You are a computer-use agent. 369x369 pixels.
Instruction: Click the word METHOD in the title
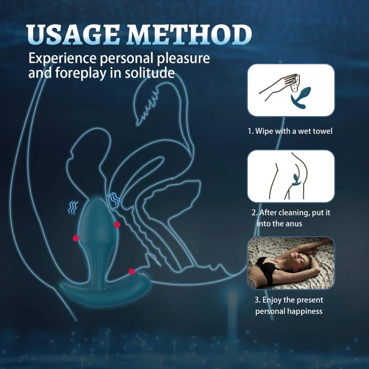click(189, 34)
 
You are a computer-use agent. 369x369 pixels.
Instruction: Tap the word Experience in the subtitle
click(62, 59)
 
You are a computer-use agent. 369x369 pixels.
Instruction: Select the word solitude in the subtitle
click(149, 73)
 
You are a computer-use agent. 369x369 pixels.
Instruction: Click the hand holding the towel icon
click(279, 86)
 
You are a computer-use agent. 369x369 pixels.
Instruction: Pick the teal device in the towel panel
click(301, 97)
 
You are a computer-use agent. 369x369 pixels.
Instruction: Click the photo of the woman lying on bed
click(290, 263)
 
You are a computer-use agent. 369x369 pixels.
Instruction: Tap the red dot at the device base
click(132, 271)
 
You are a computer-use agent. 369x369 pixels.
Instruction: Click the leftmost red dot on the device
click(76, 238)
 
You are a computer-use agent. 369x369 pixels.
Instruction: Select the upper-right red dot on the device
click(117, 225)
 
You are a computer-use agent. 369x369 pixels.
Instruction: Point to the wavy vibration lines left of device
click(73, 208)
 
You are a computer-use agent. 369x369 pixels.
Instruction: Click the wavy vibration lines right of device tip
click(114, 198)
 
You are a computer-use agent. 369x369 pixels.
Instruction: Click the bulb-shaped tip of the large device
click(98, 222)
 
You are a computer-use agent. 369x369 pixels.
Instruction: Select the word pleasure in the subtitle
click(183, 59)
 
